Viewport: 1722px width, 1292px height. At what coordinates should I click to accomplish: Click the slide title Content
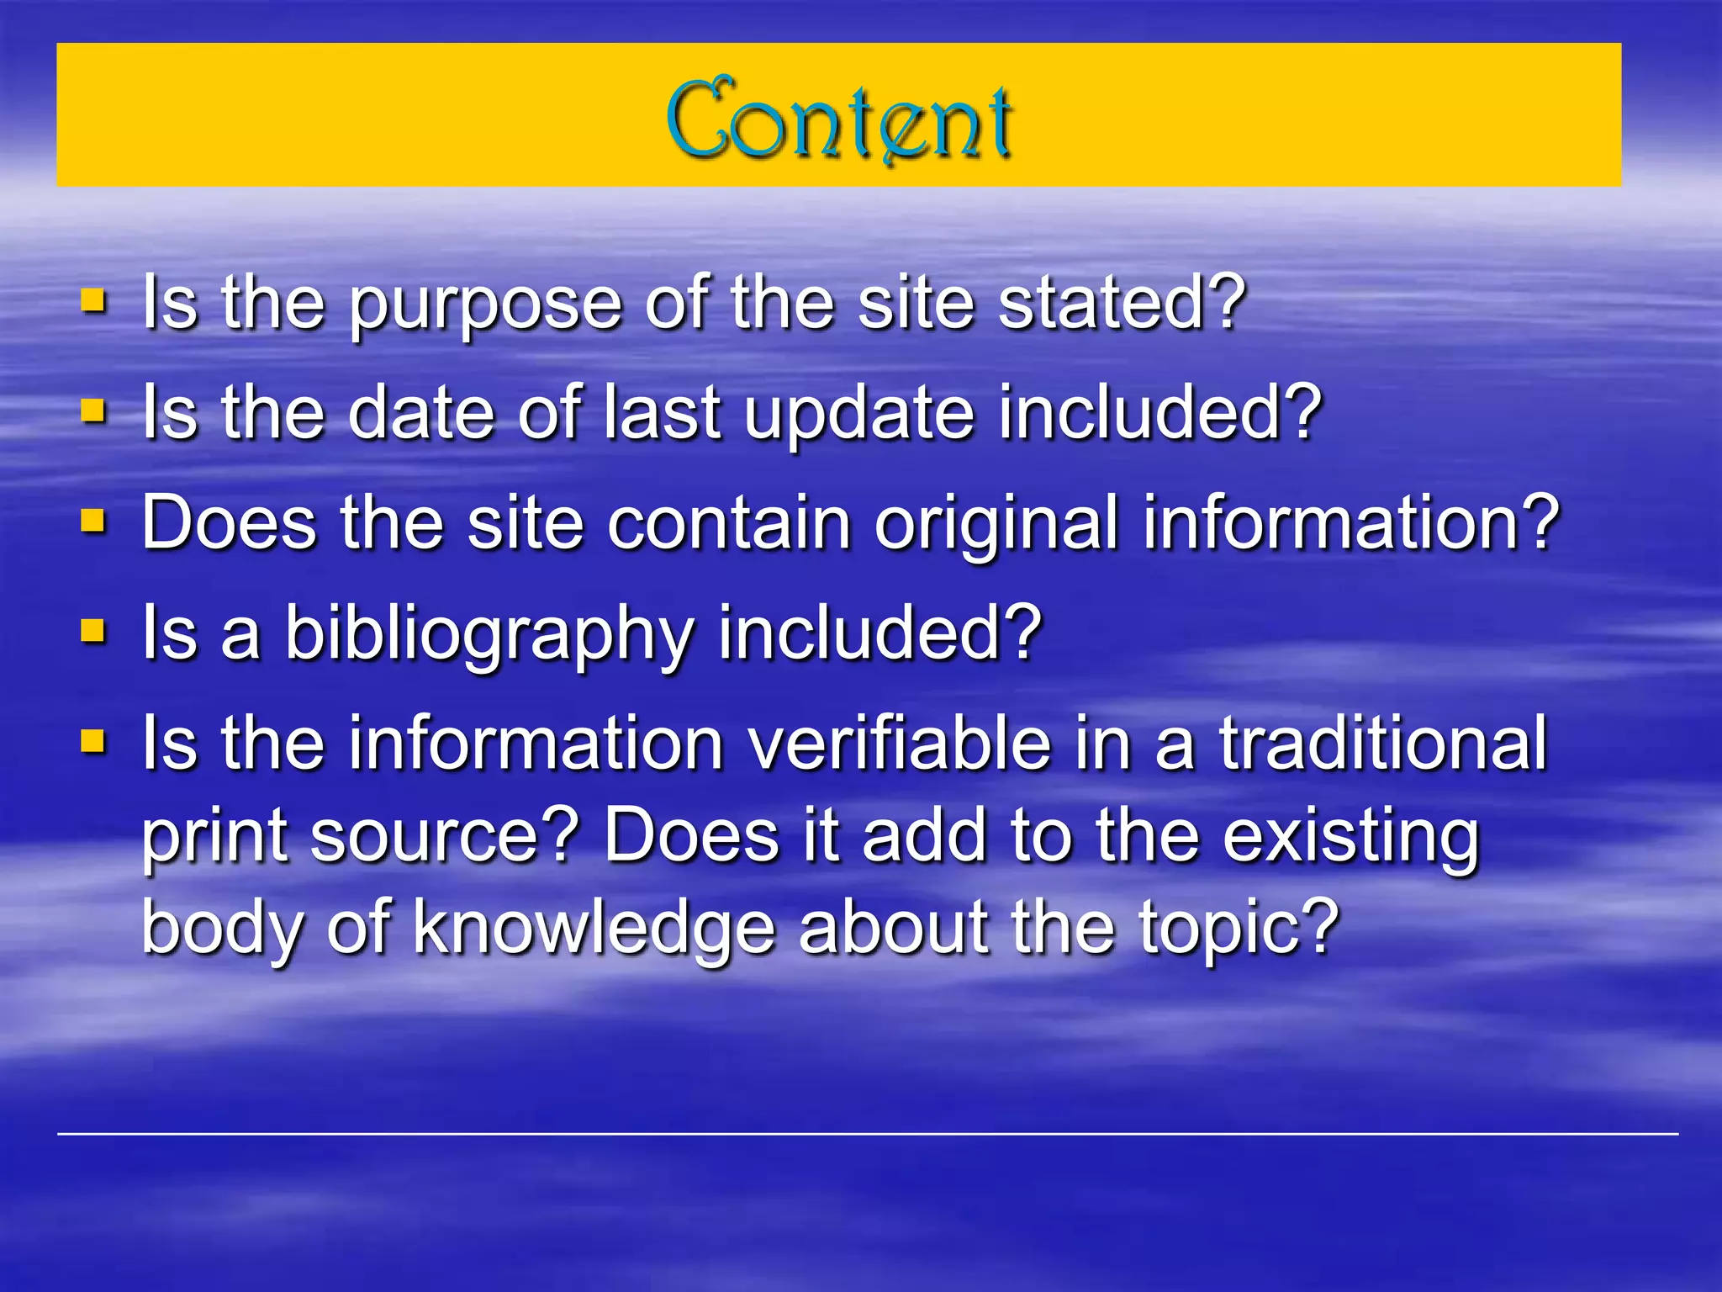(839, 119)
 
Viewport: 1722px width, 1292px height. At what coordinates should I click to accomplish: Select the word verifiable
(900, 744)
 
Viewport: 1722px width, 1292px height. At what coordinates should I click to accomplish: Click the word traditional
(1383, 744)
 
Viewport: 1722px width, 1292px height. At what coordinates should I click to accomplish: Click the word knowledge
(594, 931)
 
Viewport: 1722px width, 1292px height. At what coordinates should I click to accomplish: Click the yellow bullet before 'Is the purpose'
(93, 300)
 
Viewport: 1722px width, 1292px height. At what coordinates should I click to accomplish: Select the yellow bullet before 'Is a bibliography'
(93, 631)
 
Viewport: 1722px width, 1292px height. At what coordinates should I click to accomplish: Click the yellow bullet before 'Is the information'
(93, 741)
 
